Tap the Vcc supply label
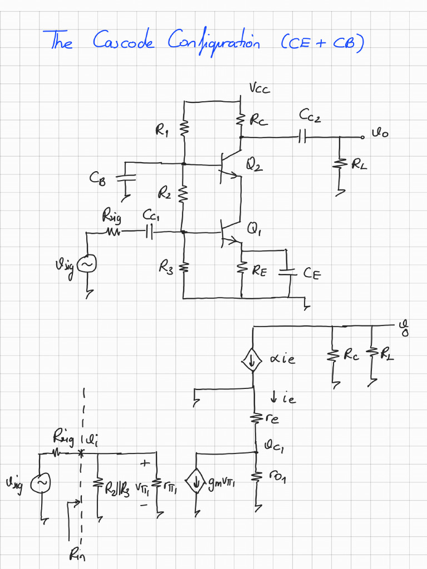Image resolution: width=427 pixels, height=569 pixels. click(260, 89)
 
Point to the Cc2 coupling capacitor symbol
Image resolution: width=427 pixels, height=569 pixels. click(302, 136)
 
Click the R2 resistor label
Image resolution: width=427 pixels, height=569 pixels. click(164, 193)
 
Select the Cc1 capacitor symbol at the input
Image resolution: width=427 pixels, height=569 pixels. click(149, 231)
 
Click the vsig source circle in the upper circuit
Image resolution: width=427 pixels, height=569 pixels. click(87, 265)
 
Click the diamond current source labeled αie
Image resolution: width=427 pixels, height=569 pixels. click(252, 361)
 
